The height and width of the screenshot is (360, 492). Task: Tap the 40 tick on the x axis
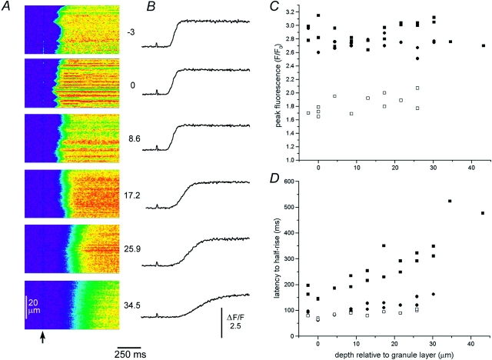(x=470, y=343)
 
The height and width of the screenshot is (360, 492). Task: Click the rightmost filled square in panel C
(x=484, y=46)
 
